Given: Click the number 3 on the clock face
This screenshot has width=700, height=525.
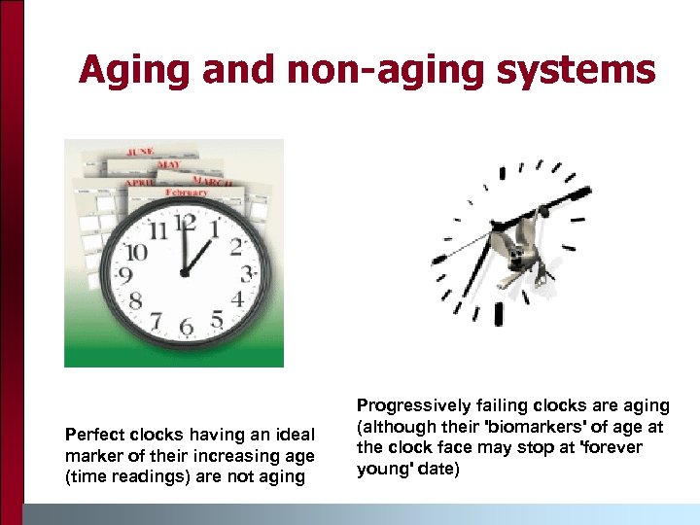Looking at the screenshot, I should tap(247, 272).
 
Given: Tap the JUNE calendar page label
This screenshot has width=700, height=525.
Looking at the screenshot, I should tap(141, 152).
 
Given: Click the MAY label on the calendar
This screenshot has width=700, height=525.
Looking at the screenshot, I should tap(169, 164).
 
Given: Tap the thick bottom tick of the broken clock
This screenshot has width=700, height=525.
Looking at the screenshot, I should tap(499, 314).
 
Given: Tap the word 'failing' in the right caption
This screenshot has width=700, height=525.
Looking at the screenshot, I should tap(480, 406).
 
